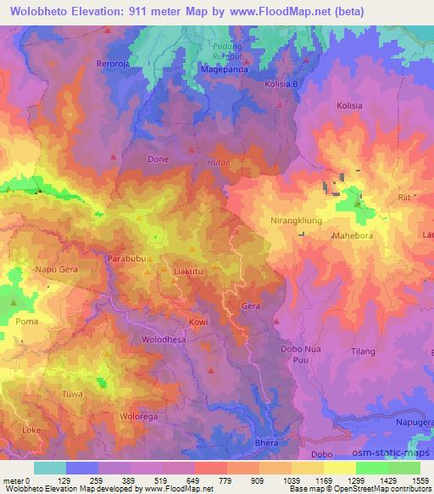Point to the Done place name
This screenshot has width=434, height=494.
point(159,159)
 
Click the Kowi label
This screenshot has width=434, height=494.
point(198,323)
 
